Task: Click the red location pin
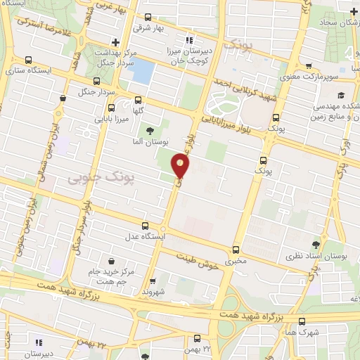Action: click(x=181, y=166)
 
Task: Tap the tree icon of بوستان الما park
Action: click(x=148, y=130)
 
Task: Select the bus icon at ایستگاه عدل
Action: click(x=146, y=226)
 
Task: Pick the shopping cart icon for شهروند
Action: click(x=153, y=279)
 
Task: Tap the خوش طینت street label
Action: click(x=193, y=258)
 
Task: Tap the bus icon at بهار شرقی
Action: click(x=148, y=17)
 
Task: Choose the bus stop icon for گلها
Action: click(x=137, y=100)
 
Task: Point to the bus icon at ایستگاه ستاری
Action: click(x=27, y=60)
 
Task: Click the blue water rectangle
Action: click(x=143, y=70)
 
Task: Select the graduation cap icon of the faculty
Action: click(x=340, y=96)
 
